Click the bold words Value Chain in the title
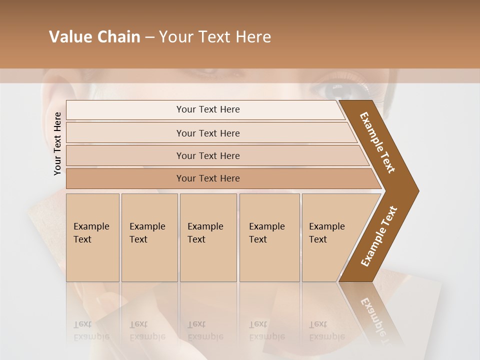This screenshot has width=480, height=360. click(x=94, y=37)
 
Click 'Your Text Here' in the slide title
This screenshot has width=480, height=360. click(x=215, y=37)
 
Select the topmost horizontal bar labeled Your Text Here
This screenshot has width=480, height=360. click(x=207, y=109)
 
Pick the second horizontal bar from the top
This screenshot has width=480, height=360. click(x=207, y=133)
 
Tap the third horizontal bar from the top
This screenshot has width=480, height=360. click(x=207, y=155)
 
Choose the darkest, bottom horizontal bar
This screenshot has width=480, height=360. click(x=207, y=178)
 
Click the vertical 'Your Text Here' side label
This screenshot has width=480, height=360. click(x=57, y=144)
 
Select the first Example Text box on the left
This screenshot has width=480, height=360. click(x=92, y=237)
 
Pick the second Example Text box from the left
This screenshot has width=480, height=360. click(x=149, y=237)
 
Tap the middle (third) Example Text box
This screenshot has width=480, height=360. click(x=208, y=237)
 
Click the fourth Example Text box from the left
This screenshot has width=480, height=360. click(x=269, y=237)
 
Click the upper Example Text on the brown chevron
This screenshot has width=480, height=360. click(x=378, y=142)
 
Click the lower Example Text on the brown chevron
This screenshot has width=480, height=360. click(x=379, y=236)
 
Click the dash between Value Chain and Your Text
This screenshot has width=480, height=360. click(x=149, y=37)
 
